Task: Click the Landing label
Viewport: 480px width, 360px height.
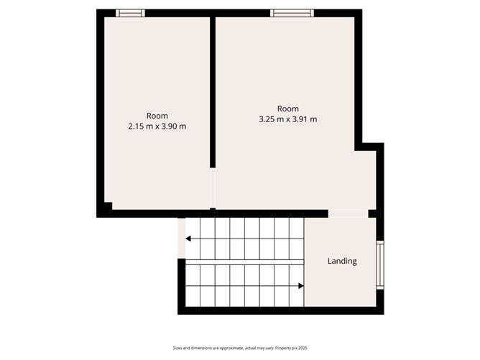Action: pos(342,261)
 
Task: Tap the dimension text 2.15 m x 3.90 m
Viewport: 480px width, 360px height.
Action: pos(157,126)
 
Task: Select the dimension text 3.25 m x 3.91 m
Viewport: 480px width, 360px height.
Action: pos(287,119)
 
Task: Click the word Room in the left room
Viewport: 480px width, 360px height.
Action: pos(157,116)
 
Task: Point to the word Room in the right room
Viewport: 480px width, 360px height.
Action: pos(287,109)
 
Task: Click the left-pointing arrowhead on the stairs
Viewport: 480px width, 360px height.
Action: pos(188,239)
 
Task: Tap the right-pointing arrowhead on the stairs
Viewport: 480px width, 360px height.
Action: pos(300,285)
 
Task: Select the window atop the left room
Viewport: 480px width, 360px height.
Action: pos(130,13)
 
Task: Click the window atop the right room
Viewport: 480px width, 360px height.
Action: pos(292,13)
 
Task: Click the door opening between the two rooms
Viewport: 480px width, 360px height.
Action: pos(212,188)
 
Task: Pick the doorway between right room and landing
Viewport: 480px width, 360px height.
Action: pos(349,213)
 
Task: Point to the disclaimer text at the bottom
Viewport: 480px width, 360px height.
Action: pos(240,348)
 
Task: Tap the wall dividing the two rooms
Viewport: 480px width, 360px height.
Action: pos(213,93)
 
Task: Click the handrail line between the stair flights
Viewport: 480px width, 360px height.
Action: pos(244,262)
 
